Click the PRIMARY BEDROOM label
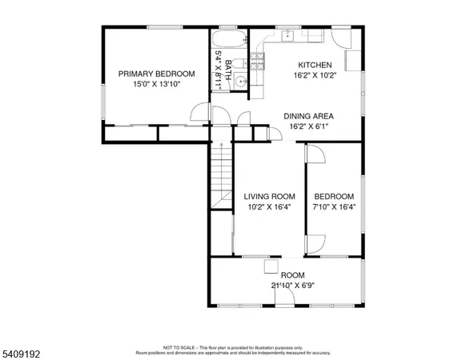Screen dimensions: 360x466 [x=156, y=74]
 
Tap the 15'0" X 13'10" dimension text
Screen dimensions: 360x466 [x=156, y=83]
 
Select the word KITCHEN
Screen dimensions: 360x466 [x=314, y=66]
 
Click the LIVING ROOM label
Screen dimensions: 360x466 [x=269, y=197]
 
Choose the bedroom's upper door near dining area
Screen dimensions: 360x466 [x=315, y=154]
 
